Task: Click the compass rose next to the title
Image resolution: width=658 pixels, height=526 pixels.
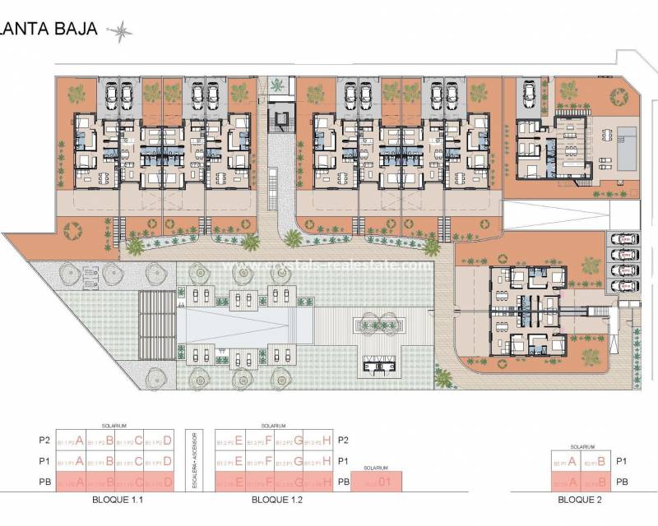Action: (x=122, y=31)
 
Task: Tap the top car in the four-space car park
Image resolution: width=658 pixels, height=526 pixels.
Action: (x=627, y=239)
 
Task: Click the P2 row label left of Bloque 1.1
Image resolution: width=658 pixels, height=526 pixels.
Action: (x=34, y=441)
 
